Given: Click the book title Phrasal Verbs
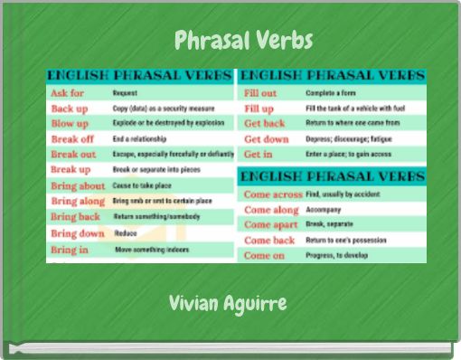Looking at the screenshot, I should point(243,41).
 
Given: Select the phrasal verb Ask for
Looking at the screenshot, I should point(69,93).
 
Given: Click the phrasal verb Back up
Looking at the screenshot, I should point(70,109).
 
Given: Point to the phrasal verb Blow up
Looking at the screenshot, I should point(71,124).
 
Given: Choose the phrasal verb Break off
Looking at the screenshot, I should point(73,139).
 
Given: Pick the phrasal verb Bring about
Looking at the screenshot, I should point(79,185).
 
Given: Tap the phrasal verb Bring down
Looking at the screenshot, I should point(77,233).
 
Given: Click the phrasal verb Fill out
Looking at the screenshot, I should point(261,93).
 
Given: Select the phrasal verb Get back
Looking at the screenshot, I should point(265,124).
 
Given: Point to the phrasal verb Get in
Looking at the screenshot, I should point(259,155).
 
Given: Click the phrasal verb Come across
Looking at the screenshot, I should point(273,194).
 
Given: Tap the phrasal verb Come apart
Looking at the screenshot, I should point(271,224).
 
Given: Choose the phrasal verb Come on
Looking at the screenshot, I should point(265,255).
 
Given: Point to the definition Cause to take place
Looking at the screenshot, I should point(144,185).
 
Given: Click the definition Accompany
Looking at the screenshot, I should point(325,210).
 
